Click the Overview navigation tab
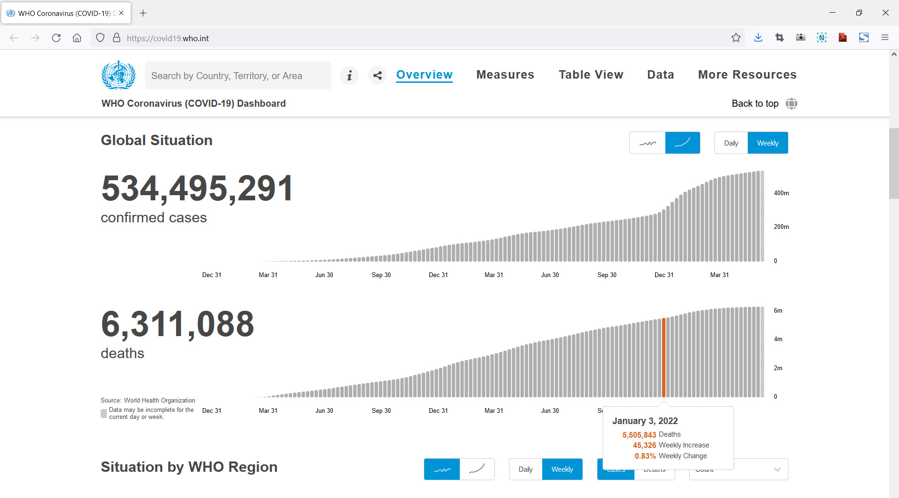pyautogui.click(x=424, y=75)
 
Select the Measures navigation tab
pyautogui.click(x=505, y=75)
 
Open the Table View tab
pyautogui.click(x=591, y=75)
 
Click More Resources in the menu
pyautogui.click(x=747, y=75)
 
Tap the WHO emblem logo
pyautogui.click(x=118, y=75)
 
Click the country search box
pyautogui.click(x=238, y=75)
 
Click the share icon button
pyautogui.click(x=377, y=75)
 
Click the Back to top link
pyautogui.click(x=755, y=103)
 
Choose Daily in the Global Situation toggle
pyautogui.click(x=731, y=143)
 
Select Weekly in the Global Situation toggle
pyautogui.click(x=768, y=143)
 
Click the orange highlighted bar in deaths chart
pyautogui.click(x=663, y=358)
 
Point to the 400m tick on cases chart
pyautogui.click(x=781, y=193)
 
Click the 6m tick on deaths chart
pyautogui.click(x=778, y=310)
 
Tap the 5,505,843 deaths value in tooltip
pyautogui.click(x=639, y=435)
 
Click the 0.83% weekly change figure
pyautogui.click(x=645, y=456)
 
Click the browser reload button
pyautogui.click(x=56, y=38)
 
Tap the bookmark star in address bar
pyautogui.click(x=736, y=38)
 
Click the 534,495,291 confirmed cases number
pyautogui.click(x=197, y=188)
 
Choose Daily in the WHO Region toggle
pyautogui.click(x=525, y=469)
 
